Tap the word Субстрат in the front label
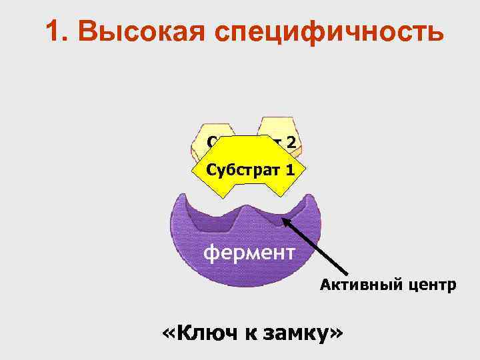241,169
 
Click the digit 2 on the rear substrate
291,141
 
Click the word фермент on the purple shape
248,253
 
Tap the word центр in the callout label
431,286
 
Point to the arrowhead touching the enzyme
285,218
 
